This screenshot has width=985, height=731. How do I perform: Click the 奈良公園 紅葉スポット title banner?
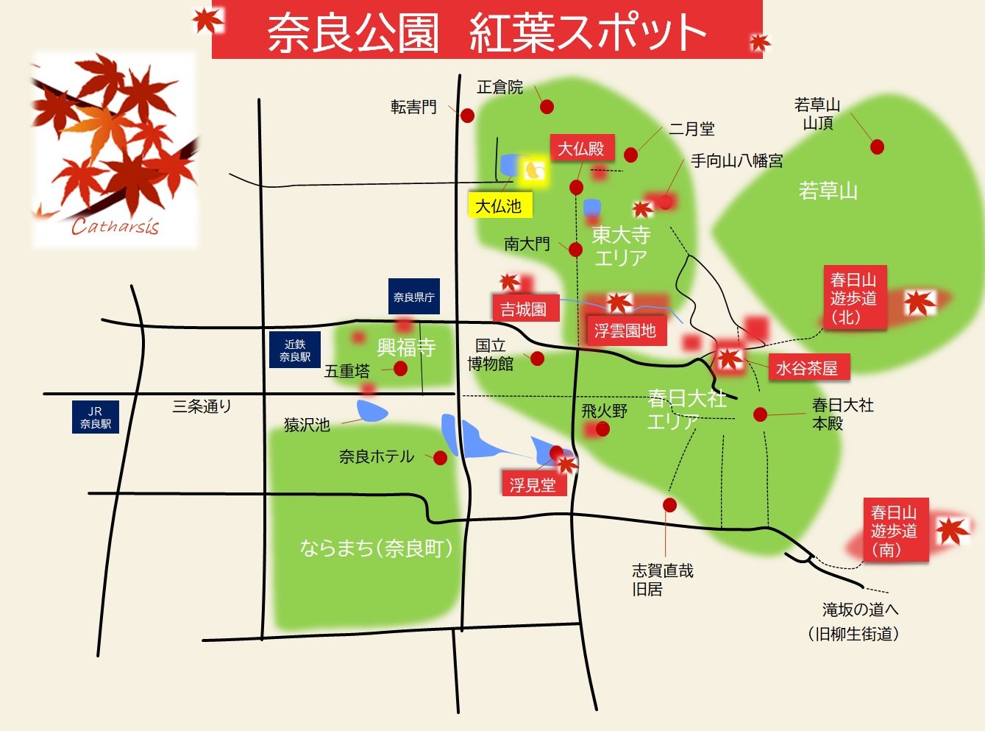pyautogui.click(x=486, y=30)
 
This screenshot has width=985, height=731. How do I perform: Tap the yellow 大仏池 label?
pyautogui.click(x=499, y=205)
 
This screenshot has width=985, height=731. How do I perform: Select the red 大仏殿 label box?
pyautogui.click(x=581, y=149)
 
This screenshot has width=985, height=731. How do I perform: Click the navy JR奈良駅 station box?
pyautogui.click(x=96, y=417)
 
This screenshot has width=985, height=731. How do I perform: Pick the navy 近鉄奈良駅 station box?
pyautogui.click(x=294, y=350)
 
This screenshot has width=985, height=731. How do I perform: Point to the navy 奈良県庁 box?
pyautogui.click(x=413, y=297)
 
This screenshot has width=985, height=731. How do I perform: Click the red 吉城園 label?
pyautogui.click(x=524, y=308)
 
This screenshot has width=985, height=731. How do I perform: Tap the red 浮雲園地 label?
pyautogui.click(x=625, y=331)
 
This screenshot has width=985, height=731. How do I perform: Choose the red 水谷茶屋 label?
pyautogui.click(x=808, y=367)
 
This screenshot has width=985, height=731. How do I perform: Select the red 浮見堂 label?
pyautogui.click(x=533, y=484)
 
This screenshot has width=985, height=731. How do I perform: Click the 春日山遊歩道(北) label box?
pyautogui.click(x=853, y=297)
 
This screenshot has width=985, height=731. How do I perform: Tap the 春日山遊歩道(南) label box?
pyautogui.click(x=895, y=530)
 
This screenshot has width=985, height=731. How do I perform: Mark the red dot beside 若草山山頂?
pyautogui.click(x=877, y=147)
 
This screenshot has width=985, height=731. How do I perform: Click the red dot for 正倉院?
pyautogui.click(x=547, y=107)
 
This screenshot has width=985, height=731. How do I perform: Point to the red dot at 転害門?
pyautogui.click(x=467, y=116)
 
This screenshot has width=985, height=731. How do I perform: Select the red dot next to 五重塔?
pyautogui.click(x=400, y=368)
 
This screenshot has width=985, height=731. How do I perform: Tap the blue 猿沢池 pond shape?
pyautogui.click(x=372, y=411)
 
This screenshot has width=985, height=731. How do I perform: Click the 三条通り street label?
pyautogui.click(x=202, y=406)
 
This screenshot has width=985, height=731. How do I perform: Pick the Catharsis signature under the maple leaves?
pyautogui.click(x=115, y=227)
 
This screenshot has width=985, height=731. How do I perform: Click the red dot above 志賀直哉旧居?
pyautogui.click(x=669, y=505)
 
